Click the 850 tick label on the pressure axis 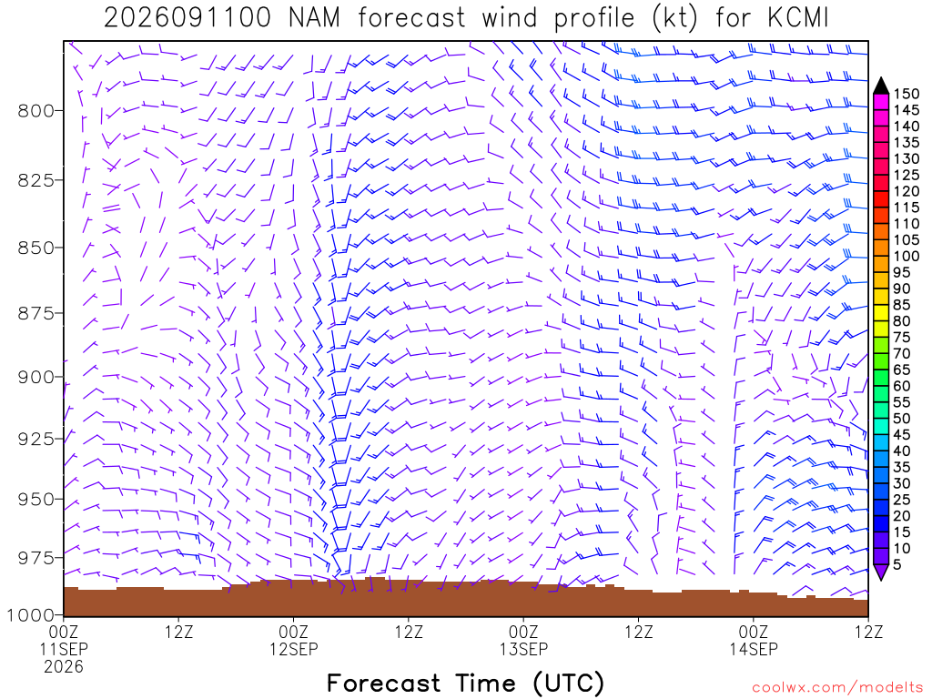[x=35, y=248]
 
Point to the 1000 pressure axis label [x=31, y=614]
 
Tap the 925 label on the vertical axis [x=35, y=439]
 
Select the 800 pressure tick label [x=35, y=110]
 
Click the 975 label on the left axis [x=35, y=558]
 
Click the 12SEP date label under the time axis [x=294, y=649]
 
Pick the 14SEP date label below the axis [x=754, y=649]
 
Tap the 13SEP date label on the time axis [x=523, y=649]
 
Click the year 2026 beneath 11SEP [x=64, y=667]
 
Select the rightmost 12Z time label [x=868, y=632]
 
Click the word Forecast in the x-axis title [x=383, y=683]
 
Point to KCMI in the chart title [x=797, y=18]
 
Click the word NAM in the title [x=314, y=18]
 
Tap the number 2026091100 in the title [x=187, y=18]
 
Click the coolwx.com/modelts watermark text [x=837, y=688]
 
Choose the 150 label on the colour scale [x=907, y=94]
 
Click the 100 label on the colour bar [x=907, y=256]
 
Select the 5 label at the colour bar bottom [x=897, y=564]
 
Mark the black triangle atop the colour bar [x=881, y=86]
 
